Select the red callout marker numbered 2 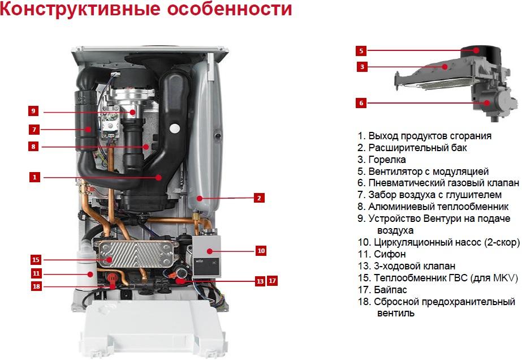coord(258,198)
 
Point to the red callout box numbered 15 coord(36,260)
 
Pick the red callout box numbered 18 coord(36,286)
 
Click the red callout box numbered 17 coord(272,280)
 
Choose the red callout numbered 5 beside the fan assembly coord(362,50)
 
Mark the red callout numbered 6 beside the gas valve coord(362,103)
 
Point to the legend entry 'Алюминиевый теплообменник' coord(433,207)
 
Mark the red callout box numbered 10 coord(261,250)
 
